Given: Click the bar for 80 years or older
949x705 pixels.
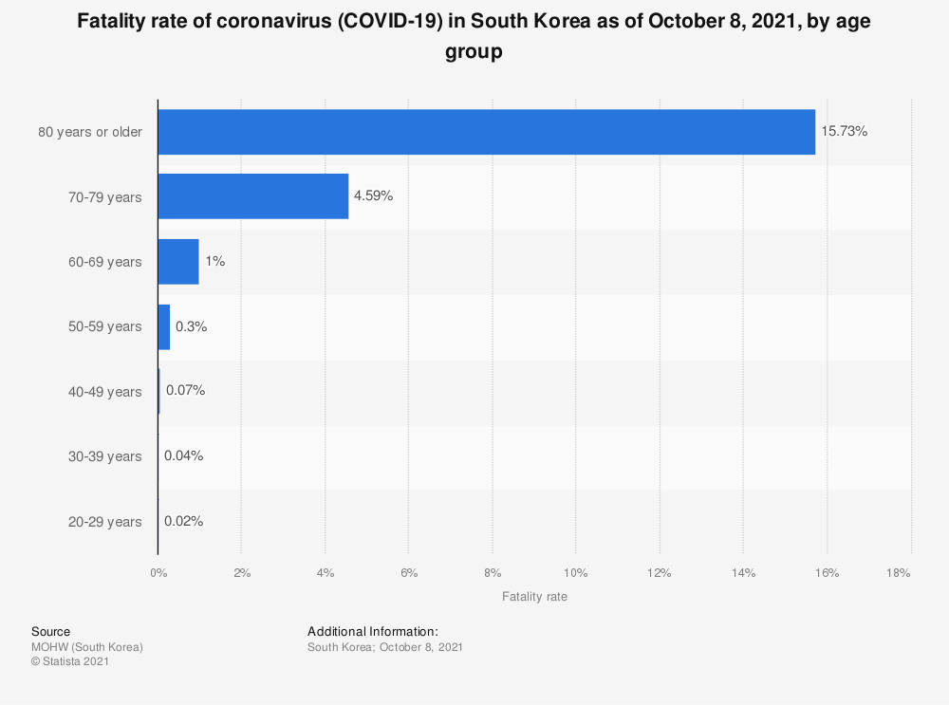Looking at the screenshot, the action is [x=487, y=132].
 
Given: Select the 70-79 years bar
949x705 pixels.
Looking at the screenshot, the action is [x=253, y=196].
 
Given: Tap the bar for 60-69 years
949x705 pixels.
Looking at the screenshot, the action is [x=178, y=262].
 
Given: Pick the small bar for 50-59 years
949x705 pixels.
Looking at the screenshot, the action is [x=164, y=326].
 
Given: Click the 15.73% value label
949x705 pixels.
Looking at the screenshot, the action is [x=844, y=131].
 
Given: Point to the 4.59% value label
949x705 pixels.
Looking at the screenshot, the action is [x=373, y=195].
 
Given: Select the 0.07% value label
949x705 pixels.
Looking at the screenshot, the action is [x=186, y=390].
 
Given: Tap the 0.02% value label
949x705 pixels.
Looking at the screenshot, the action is [x=183, y=521].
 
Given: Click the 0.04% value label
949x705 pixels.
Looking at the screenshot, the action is [x=183, y=455].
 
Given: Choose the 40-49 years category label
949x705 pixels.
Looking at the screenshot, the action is [x=104, y=392].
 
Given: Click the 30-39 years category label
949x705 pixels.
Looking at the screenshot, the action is [x=104, y=456].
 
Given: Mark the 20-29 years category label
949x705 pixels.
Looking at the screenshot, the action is [x=104, y=522].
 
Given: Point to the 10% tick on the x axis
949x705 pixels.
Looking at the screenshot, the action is [x=576, y=572].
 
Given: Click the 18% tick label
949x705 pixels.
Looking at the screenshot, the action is [x=898, y=572].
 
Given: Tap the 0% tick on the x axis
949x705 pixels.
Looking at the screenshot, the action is [x=158, y=572].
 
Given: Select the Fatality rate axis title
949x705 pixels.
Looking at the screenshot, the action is [x=534, y=597].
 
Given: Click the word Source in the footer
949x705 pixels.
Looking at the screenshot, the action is [x=51, y=631].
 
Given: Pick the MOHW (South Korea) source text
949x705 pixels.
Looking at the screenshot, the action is [x=87, y=647].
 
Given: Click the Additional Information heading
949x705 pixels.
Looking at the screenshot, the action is [x=373, y=631].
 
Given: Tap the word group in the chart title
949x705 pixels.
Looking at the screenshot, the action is [x=474, y=52].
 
